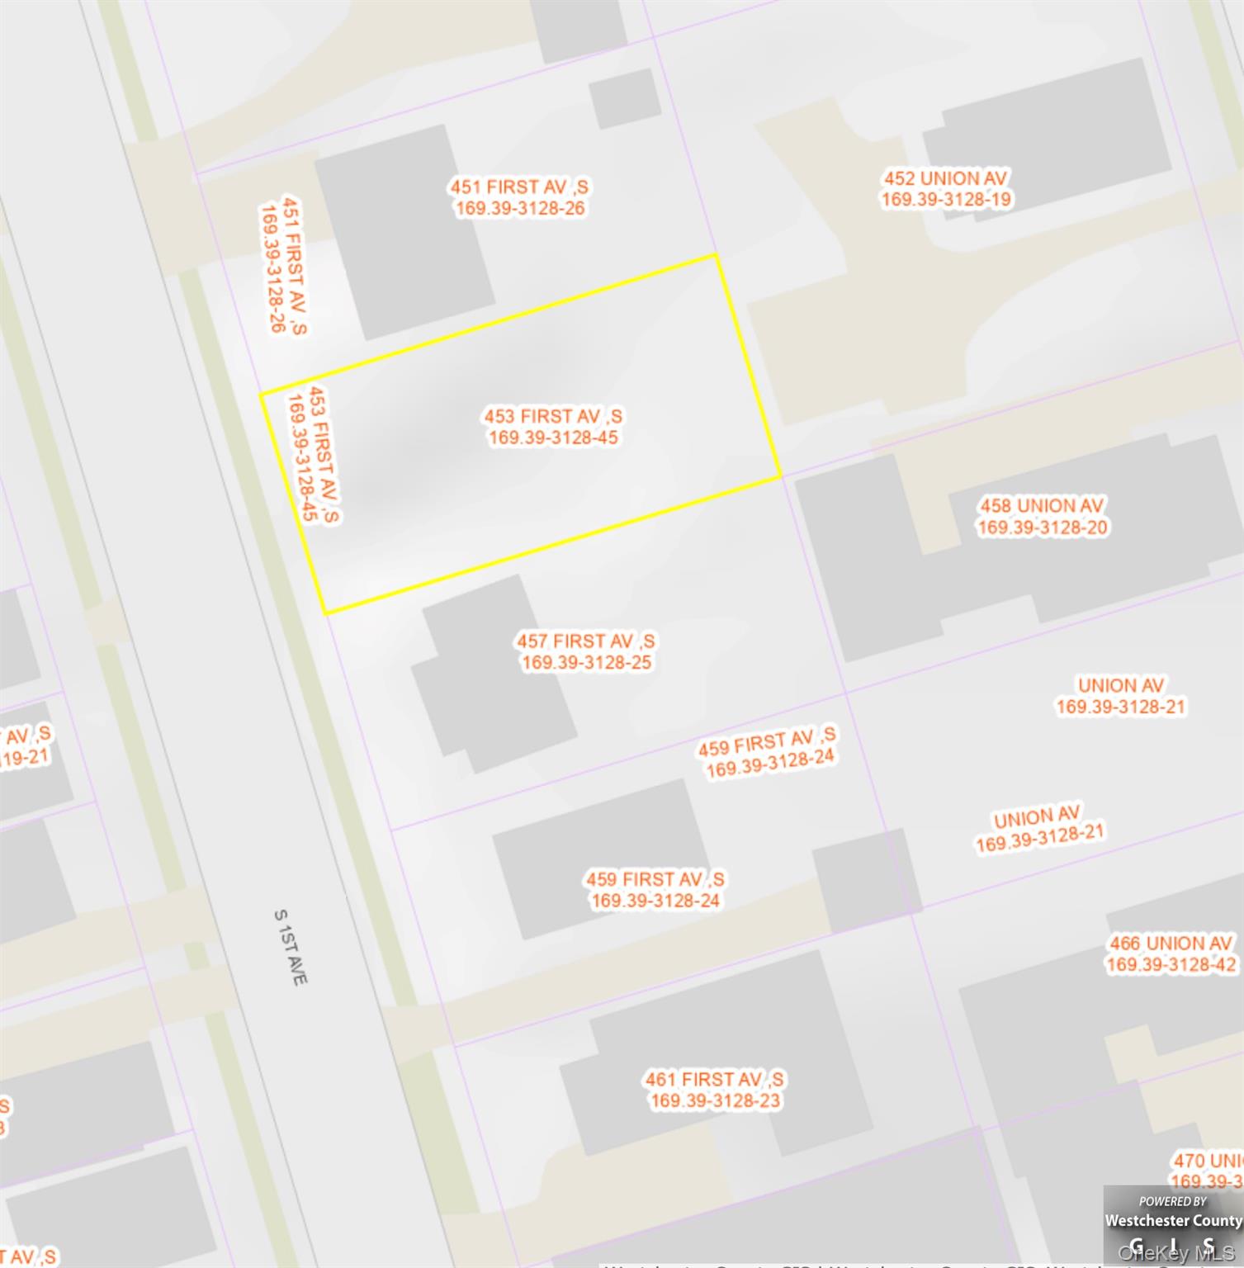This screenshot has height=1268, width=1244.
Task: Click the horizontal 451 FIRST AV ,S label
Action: [519, 187]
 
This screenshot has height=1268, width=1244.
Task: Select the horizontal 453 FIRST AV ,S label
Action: [553, 416]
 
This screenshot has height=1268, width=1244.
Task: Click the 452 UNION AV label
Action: [946, 178]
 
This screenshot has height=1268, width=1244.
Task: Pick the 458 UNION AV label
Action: [1042, 505]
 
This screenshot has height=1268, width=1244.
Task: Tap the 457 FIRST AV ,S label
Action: [586, 641]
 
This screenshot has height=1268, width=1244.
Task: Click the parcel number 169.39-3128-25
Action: [586, 663]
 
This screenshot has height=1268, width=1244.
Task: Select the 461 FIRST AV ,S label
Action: [715, 1079]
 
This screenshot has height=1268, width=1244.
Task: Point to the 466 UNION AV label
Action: [1171, 943]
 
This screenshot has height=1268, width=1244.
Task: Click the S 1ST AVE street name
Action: [291, 947]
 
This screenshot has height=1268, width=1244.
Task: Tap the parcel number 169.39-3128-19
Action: [946, 200]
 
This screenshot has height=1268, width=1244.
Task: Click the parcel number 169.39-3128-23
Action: [715, 1100]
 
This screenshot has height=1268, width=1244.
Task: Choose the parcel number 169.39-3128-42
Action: [1171, 964]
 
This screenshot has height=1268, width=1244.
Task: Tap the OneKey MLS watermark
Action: [1175, 1254]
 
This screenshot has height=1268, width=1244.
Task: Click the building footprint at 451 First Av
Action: [404, 231]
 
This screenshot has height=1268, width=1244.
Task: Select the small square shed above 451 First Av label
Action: [625, 98]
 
